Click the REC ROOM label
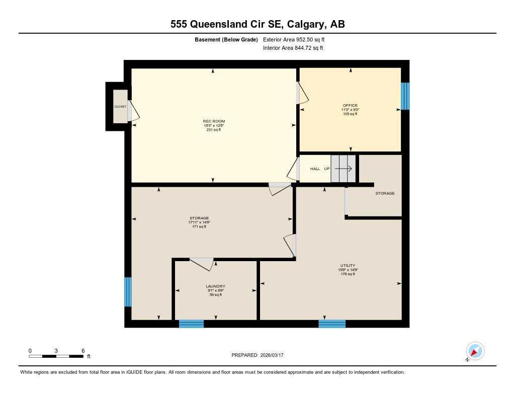point(214,121)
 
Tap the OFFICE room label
point(350,106)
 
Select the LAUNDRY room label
point(215,286)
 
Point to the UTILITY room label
point(348,266)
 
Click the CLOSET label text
point(120,107)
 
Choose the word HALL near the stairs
point(315,169)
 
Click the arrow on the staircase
point(347,169)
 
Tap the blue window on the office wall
point(405,96)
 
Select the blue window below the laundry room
point(192,324)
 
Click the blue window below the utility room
point(332,324)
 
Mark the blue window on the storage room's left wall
point(128,292)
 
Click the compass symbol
point(475,351)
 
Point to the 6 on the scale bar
point(83,351)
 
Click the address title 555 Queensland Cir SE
point(257,24)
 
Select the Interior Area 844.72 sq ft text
point(293,48)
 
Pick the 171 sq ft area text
point(199,227)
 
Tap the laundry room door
point(202,263)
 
